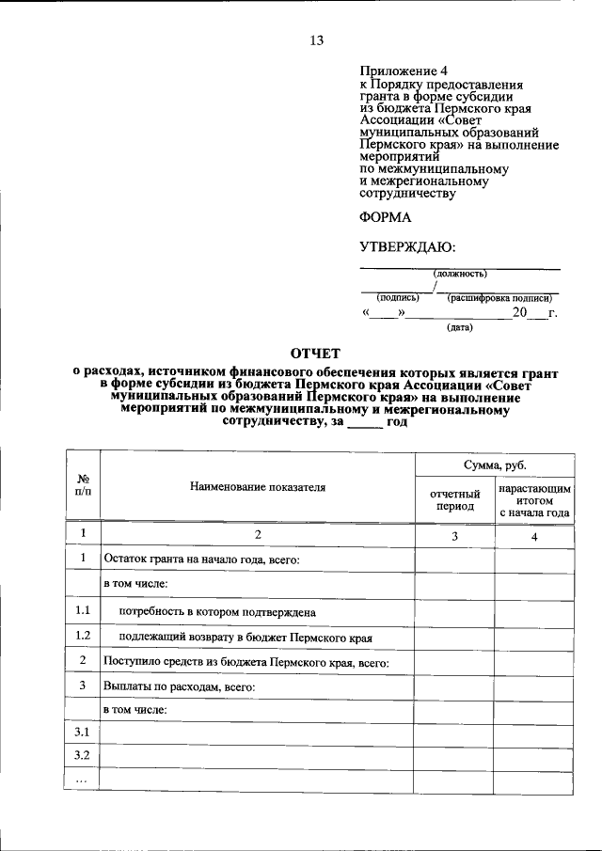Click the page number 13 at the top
316,40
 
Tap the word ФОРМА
386,216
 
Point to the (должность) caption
460,274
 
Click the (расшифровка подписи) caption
499,297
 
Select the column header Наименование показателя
257,487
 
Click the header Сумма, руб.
494,465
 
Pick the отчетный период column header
455,499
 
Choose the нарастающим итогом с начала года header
534,501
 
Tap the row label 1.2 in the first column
83,636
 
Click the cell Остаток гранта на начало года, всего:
201,559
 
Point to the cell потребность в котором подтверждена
216,611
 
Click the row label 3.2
83,755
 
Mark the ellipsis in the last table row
83,780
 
